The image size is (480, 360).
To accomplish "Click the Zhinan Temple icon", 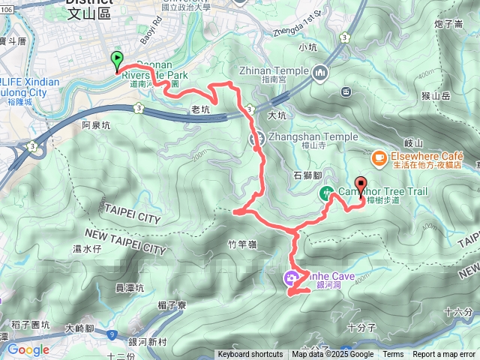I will click(x=321, y=72).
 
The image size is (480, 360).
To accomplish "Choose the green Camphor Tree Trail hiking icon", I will click(x=327, y=193).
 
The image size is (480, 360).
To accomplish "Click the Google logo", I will click(x=28, y=349).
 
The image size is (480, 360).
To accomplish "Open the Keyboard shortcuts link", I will click(x=250, y=355).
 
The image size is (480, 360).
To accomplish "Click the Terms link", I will click(x=393, y=355).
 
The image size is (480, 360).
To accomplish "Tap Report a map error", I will click(x=445, y=355).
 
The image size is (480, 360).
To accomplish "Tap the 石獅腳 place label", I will click(x=307, y=175).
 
